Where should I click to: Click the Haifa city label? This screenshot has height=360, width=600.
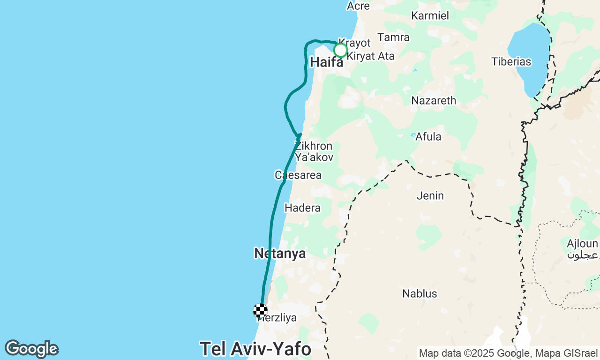[x=327, y=62]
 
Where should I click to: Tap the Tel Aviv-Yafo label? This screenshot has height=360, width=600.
[x=255, y=349]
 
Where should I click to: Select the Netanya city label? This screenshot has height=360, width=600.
[x=280, y=254]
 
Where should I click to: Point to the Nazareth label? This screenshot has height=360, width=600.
[x=434, y=100]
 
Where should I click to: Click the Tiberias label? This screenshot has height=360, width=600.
[x=511, y=61]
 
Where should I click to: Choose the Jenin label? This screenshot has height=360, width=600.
[x=430, y=195]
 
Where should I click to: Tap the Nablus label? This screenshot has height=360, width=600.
[x=420, y=294]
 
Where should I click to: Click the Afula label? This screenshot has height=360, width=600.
[x=428, y=136]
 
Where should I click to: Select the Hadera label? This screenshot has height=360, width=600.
[x=302, y=208]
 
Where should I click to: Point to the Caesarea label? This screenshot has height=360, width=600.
[x=298, y=175]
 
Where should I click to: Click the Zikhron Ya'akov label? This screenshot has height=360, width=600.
[x=314, y=151]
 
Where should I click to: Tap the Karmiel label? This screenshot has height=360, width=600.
[x=430, y=15]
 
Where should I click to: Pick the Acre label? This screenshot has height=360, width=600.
[x=358, y=6]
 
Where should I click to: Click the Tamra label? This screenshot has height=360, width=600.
[x=393, y=37]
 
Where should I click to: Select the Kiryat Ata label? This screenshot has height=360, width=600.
[x=370, y=56]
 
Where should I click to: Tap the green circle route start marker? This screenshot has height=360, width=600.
[x=341, y=50]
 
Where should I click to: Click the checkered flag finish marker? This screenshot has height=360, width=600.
[x=260, y=311]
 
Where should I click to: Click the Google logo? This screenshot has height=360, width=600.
[x=31, y=349]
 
